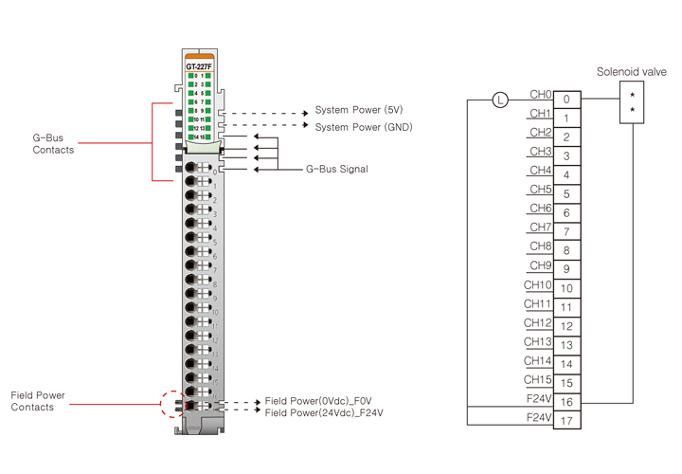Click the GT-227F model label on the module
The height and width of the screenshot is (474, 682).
tap(199, 66)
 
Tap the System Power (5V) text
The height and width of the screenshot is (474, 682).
tap(359, 111)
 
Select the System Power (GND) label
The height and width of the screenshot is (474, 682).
tap(364, 127)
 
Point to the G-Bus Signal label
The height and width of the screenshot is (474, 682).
tap(336, 170)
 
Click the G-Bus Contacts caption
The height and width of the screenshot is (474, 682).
tap(53, 144)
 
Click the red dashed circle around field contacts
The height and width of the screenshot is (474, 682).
tap(173, 405)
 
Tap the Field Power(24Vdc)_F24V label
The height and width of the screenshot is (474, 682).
tap(325, 413)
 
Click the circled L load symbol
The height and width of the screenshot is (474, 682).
tap(501, 99)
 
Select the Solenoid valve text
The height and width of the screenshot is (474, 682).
tap(631, 72)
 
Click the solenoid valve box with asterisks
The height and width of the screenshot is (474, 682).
tap(632, 102)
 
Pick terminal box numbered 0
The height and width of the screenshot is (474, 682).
tap(566, 99)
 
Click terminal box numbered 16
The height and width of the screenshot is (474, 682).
tap(566, 402)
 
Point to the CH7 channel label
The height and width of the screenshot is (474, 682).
tap(540, 228)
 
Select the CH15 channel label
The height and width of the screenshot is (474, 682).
tap(538, 379)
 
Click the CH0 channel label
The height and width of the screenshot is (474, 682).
tap(540, 95)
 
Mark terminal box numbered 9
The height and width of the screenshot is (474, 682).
tap(566, 269)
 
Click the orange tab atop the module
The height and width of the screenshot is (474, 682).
tap(199, 56)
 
